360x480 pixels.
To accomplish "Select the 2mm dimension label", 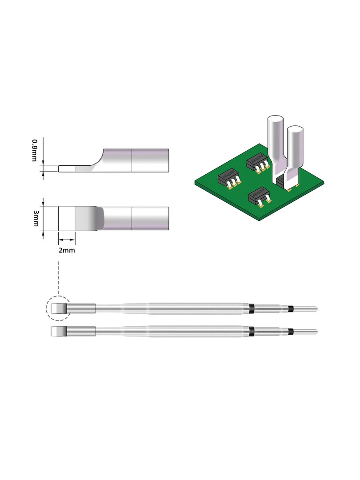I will [x=67, y=250].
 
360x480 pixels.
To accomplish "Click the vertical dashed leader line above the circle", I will [x=59, y=278].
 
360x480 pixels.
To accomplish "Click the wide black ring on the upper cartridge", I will [x=252, y=308].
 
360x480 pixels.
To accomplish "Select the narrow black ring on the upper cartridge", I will [x=291, y=308].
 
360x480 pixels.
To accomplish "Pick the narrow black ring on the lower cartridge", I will [x=291, y=332].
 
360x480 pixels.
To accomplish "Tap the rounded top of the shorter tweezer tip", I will [x=296, y=130].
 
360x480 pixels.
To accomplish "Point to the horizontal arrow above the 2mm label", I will [x=67, y=240].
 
